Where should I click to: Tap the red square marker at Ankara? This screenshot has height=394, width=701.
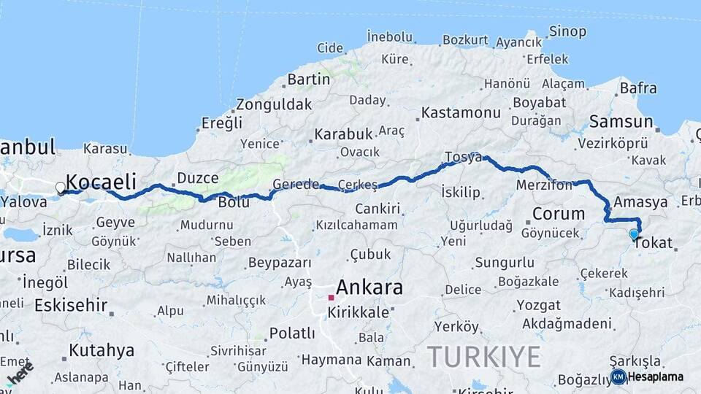click(331, 298)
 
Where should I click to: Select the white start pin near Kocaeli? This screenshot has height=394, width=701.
click(60, 188)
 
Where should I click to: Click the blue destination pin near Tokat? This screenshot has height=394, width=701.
click(634, 234)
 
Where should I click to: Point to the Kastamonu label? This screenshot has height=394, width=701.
click(461, 113)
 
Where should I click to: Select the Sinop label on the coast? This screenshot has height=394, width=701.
click(567, 31)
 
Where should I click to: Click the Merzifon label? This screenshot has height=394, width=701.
click(545, 185)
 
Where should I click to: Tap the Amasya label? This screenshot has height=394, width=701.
click(640, 202)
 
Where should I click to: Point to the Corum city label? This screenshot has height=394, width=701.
click(559, 214)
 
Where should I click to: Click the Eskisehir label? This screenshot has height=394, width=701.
click(71, 305)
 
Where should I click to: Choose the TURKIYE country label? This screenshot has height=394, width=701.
click(483, 357)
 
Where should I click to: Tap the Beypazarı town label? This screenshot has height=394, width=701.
click(280, 263)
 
